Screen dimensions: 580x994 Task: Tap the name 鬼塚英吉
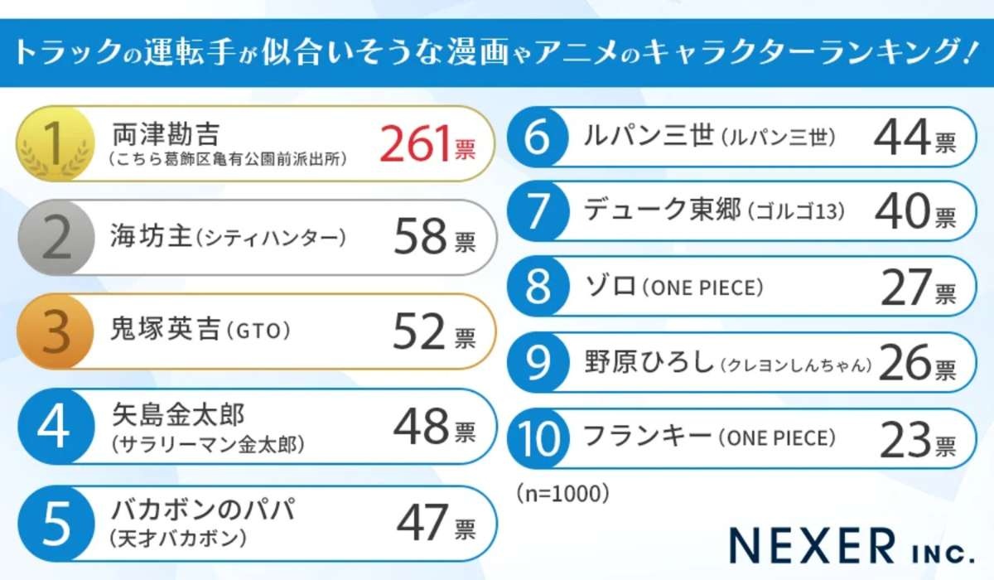click(163, 332)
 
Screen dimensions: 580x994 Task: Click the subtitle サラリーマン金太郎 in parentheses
click(207, 445)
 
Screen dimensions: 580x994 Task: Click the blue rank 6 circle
click(539, 137)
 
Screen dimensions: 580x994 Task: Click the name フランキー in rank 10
click(648, 436)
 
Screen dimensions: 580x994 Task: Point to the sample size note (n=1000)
click(562, 493)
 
